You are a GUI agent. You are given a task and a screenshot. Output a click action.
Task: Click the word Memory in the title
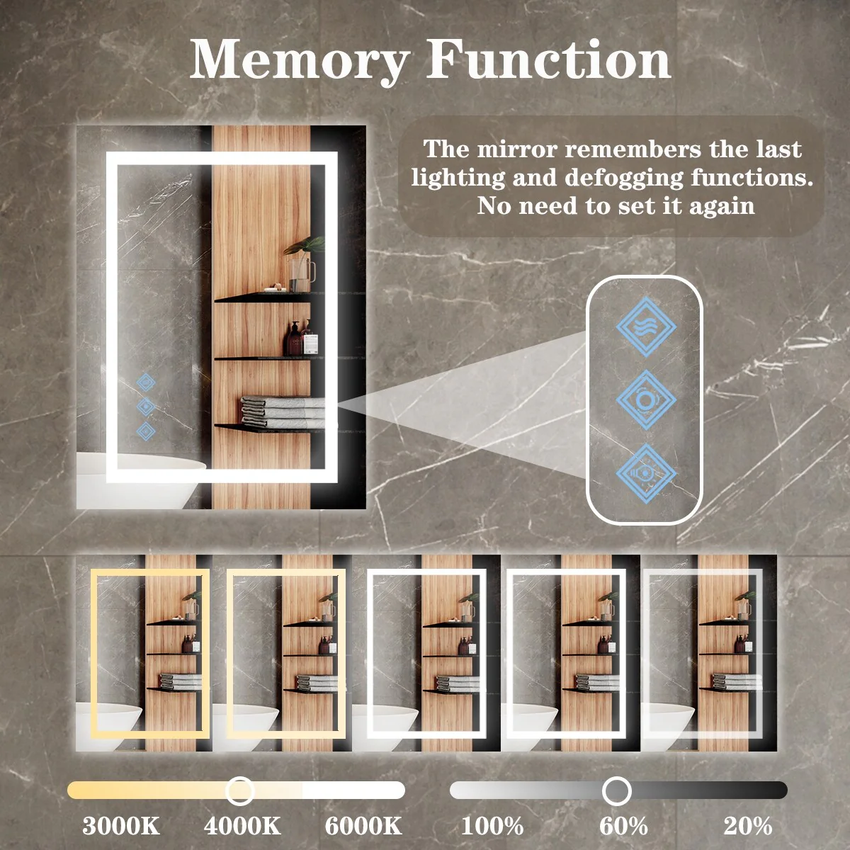tap(300, 60)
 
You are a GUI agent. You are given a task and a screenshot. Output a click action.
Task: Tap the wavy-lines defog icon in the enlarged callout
tap(646, 327)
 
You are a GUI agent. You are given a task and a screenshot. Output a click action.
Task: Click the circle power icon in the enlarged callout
tap(646, 400)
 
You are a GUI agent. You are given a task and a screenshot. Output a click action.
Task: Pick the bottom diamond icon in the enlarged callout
tap(646, 474)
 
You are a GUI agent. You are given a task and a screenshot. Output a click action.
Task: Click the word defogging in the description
tap(624, 178)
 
